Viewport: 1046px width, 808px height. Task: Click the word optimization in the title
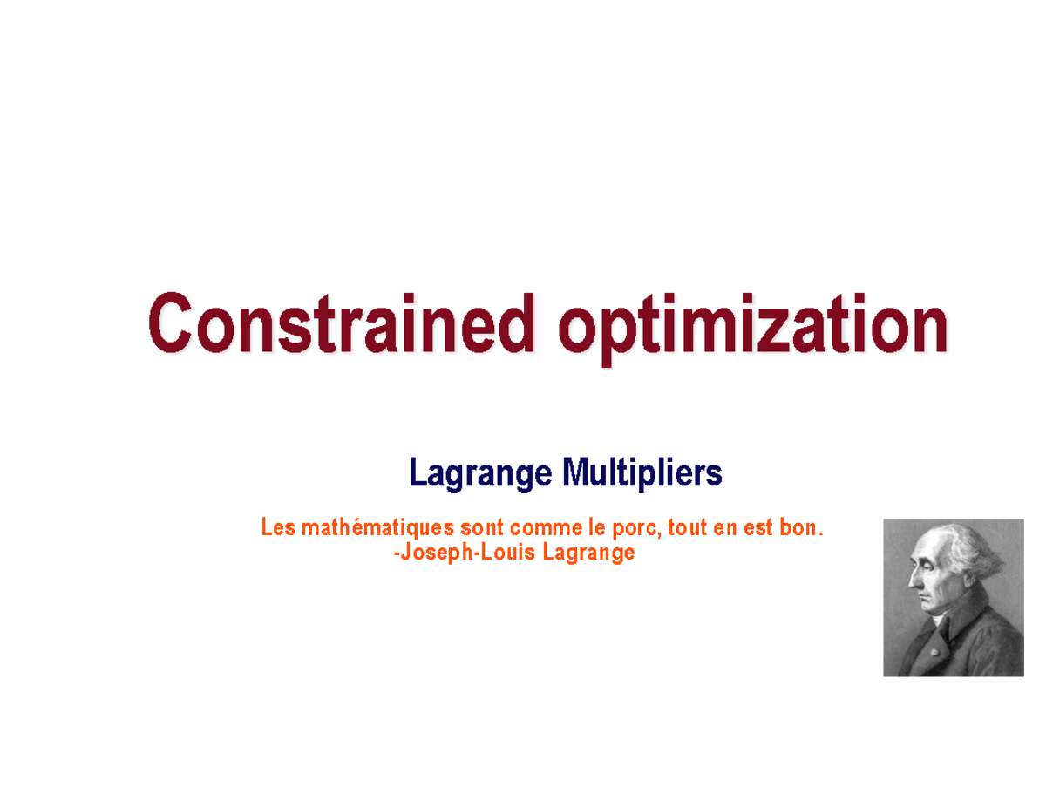point(753,325)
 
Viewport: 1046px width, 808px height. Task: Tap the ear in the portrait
point(948,571)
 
